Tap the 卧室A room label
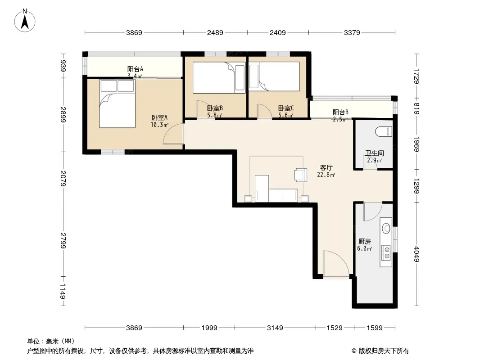pyautogui.click(x=159, y=117)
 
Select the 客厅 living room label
pyautogui.click(x=326, y=167)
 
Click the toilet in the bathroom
pyautogui.click(x=384, y=131)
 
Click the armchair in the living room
pyautogui.click(x=300, y=175)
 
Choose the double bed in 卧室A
pyautogui.click(x=117, y=103)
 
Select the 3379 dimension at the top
pyautogui.click(x=352, y=32)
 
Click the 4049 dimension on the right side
pyautogui.click(x=417, y=254)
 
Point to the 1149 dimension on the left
pyautogui.click(x=63, y=291)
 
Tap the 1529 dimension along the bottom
pyautogui.click(x=334, y=328)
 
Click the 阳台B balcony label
pyautogui.click(x=340, y=112)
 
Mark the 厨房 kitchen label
pyautogui.click(x=365, y=242)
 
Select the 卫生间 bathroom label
pyautogui.click(x=374, y=153)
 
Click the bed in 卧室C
pyautogui.click(x=274, y=76)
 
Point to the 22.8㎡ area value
pyautogui.click(x=326, y=175)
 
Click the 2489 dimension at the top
pyautogui.click(x=215, y=32)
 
